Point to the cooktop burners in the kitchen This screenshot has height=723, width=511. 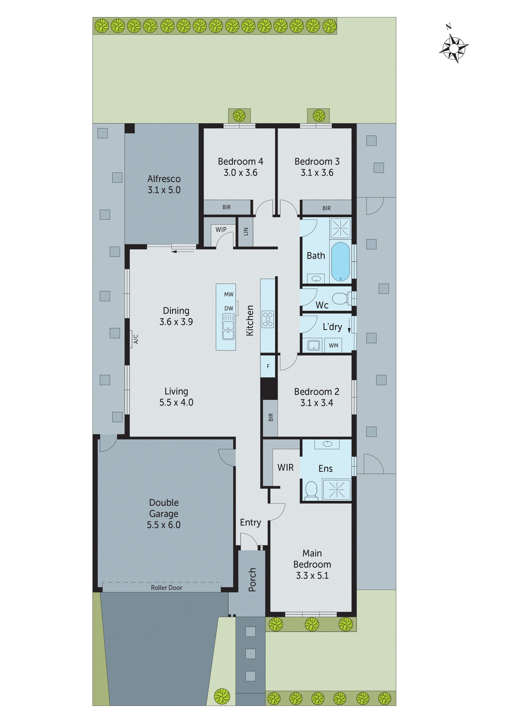[x=268, y=319]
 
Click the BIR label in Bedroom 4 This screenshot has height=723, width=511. [x=226, y=207]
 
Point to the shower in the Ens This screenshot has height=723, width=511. [x=336, y=490]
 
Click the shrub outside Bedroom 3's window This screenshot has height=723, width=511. [x=319, y=116]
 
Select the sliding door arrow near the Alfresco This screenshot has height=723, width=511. [x=183, y=251]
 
